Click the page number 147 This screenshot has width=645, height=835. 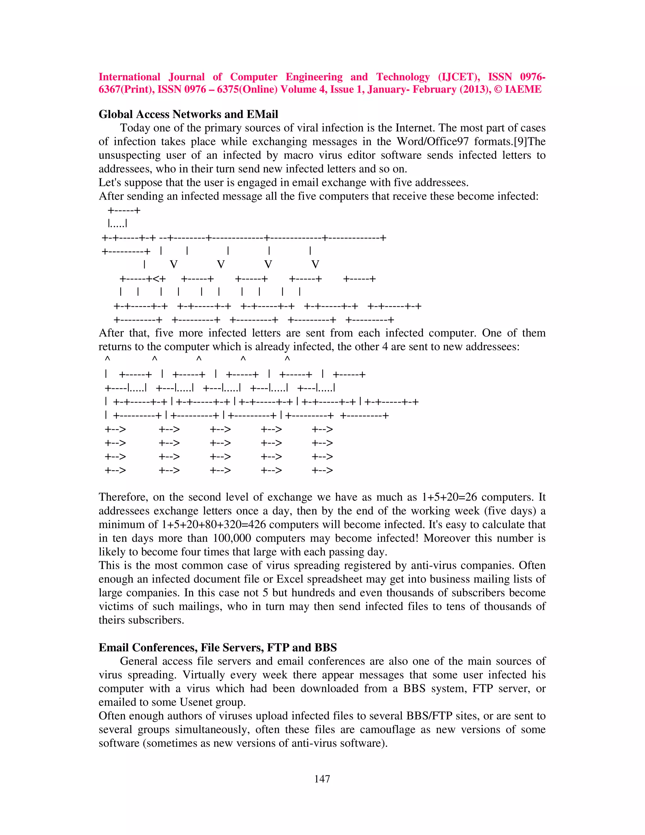click(322, 779)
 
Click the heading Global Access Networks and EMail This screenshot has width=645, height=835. click(188, 114)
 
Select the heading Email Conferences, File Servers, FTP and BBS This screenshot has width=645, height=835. click(217, 647)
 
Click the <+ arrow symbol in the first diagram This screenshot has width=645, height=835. click(159, 278)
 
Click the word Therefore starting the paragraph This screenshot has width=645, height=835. click(123, 497)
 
